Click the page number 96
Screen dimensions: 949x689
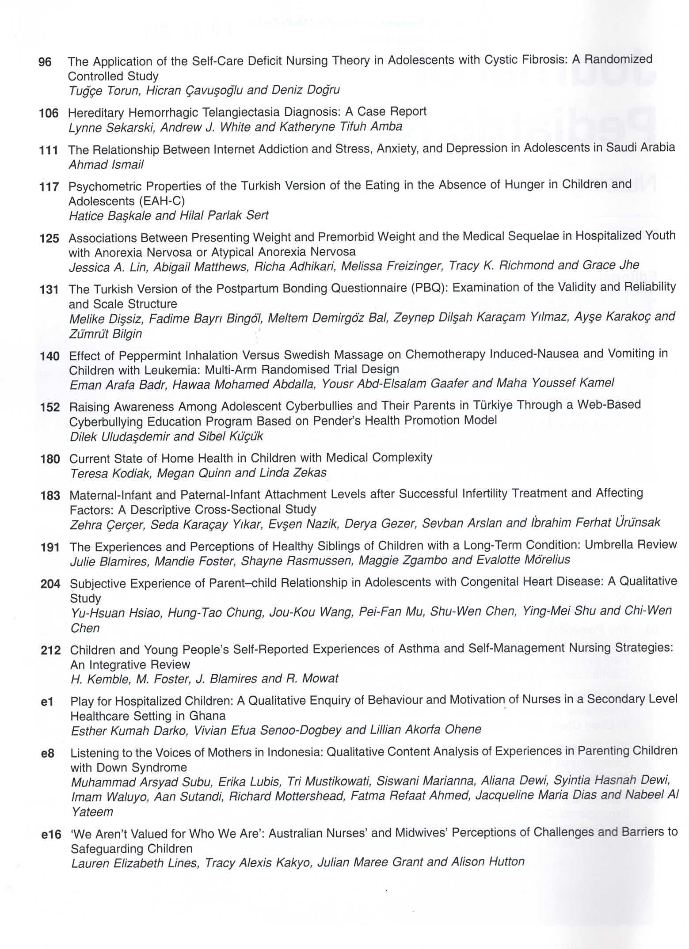coord(45,62)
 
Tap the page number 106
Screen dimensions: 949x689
coord(49,114)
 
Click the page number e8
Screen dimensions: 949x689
coord(47,754)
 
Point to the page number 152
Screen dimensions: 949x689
coord(50,407)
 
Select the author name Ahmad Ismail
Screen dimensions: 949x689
coord(106,165)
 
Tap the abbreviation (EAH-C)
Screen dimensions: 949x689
coord(161,201)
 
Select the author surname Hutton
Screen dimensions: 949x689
coord(506,862)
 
